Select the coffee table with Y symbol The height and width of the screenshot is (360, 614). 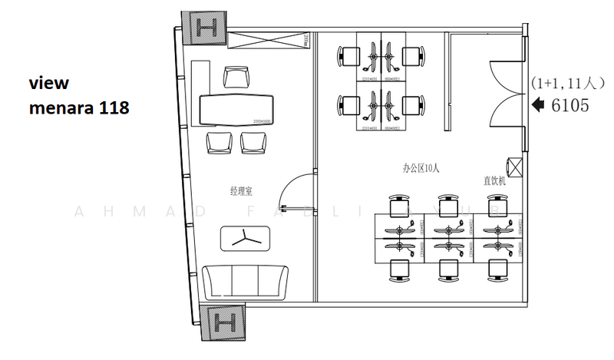point(246,238)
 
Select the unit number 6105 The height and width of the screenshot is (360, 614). point(570,106)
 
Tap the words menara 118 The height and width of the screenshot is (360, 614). point(78,109)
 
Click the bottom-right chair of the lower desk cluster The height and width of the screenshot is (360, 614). point(497,269)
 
